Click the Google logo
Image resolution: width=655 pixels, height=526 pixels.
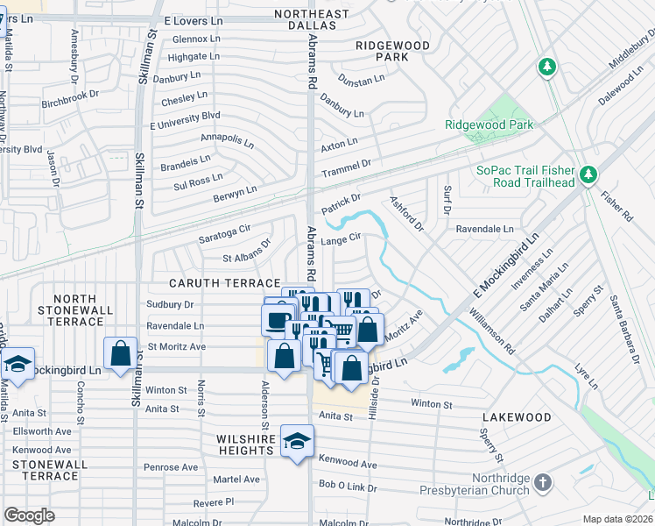(29, 515)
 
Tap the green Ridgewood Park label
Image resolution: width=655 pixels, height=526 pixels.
(489, 125)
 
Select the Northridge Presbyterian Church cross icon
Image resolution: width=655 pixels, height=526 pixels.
(543, 483)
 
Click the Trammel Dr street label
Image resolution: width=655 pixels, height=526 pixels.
(347, 164)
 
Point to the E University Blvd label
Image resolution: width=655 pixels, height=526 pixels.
(185, 116)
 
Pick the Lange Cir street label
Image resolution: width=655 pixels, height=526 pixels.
(342, 238)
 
